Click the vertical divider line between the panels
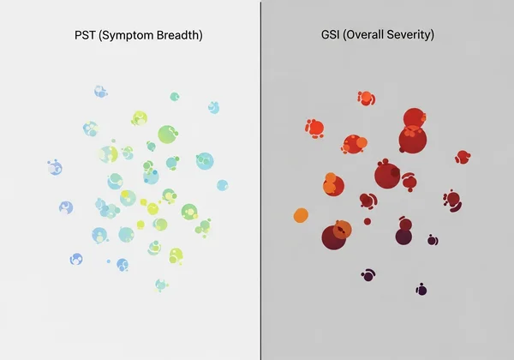(260, 180)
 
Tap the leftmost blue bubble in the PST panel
(55, 168)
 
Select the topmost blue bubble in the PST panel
(100, 91)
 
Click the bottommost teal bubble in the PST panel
(160, 284)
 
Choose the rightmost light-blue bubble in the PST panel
(223, 185)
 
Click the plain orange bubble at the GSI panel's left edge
(301, 215)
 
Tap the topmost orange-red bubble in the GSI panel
(365, 97)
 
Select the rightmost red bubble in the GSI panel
(463, 157)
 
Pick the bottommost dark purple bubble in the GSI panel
(421, 290)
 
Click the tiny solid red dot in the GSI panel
(368, 221)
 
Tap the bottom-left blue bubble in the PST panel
(76, 258)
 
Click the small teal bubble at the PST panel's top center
(174, 97)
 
